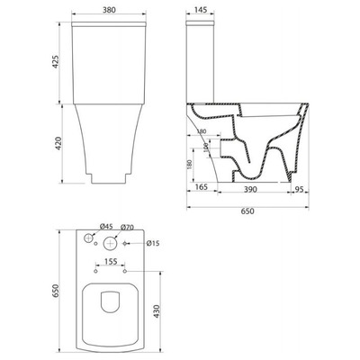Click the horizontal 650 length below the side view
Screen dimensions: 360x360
click(247, 211)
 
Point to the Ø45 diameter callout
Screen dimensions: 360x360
click(105, 226)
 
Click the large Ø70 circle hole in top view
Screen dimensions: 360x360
click(109, 243)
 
